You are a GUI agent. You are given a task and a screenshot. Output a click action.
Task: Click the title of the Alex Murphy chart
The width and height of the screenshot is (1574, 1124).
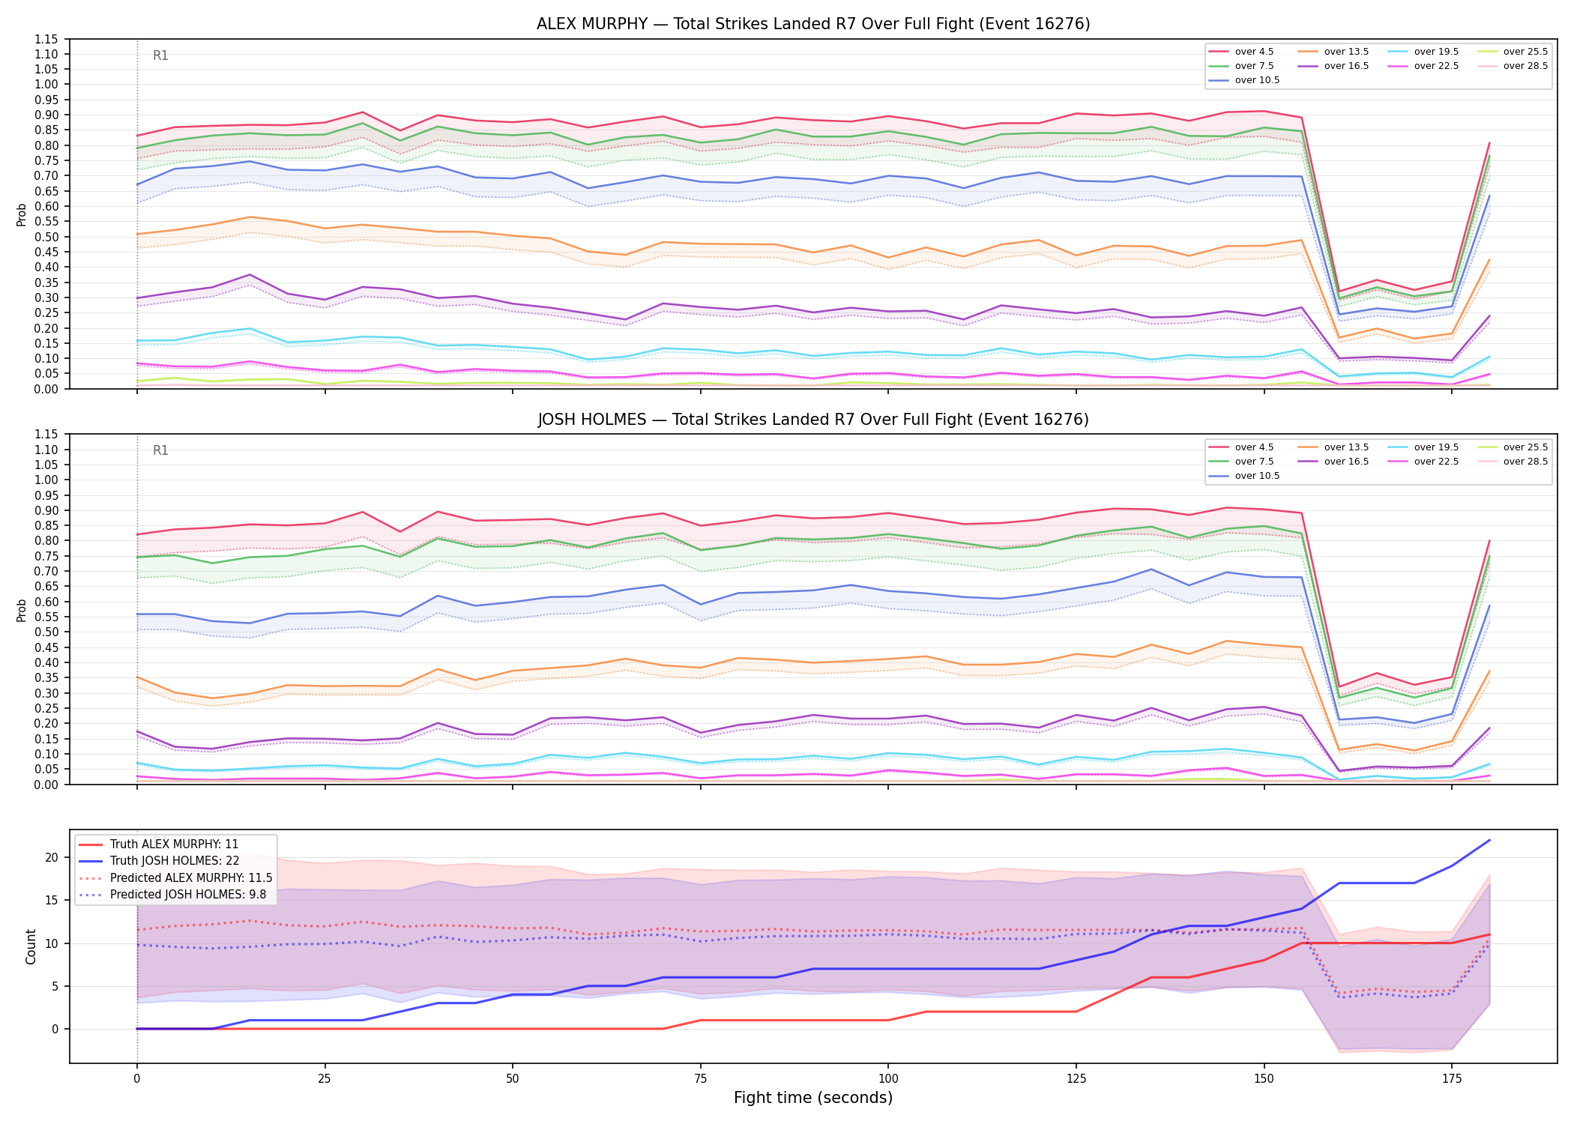pos(813,24)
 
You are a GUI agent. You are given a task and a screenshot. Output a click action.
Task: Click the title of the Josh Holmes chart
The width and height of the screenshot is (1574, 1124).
pos(813,420)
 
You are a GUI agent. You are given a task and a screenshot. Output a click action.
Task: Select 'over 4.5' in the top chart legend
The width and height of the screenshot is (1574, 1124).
pos(1254,52)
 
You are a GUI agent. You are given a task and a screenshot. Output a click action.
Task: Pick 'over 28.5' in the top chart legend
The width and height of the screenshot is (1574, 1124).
pos(1525,66)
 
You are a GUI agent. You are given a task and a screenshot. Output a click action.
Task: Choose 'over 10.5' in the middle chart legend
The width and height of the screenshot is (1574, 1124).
pos(1257,476)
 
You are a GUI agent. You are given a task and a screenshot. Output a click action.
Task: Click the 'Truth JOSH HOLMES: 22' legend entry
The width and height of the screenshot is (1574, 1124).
pos(174,861)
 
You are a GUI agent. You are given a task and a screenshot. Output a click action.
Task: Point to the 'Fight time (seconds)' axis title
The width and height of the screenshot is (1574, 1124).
pos(813,1098)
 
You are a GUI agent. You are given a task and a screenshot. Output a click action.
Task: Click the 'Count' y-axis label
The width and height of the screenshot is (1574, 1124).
pos(31,946)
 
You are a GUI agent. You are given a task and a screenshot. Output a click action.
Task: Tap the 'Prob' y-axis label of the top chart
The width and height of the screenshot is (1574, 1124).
pos(22,214)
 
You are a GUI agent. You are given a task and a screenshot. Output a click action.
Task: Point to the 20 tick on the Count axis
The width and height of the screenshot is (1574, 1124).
pos(52,858)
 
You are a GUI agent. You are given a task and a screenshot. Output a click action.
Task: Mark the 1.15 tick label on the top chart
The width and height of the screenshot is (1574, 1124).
pos(46,39)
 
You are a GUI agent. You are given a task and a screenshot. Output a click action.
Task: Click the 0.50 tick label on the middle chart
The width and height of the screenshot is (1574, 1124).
pos(46,632)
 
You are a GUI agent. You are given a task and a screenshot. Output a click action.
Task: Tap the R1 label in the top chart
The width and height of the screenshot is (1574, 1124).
pos(160,55)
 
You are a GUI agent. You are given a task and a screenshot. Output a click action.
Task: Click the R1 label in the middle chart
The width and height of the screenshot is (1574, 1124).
pos(160,450)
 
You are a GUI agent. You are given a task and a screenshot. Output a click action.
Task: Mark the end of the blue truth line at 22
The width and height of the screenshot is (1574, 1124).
pos(1489,840)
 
